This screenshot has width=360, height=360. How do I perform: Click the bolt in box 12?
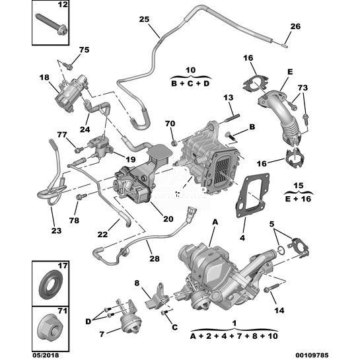pyautogui.click(x=51, y=24)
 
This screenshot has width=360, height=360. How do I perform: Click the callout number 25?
pyautogui.click(x=144, y=19)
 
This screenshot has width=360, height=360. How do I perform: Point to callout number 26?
pyautogui.click(x=295, y=26)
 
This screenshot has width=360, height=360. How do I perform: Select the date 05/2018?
pyautogui.click(x=46, y=355)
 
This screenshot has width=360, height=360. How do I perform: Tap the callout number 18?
pyautogui.click(x=44, y=77)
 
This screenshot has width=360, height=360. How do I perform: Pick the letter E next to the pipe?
pyautogui.click(x=290, y=72)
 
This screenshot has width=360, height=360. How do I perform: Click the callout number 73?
pyautogui.click(x=303, y=88)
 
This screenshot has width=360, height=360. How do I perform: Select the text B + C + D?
pyautogui.click(x=190, y=83)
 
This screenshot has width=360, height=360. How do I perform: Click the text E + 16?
pyautogui.click(x=299, y=199)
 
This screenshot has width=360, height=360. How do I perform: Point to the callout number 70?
pyautogui.click(x=170, y=124)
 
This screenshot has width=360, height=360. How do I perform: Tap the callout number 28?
pyautogui.click(x=155, y=258)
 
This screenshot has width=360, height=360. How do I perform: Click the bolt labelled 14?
pyautogui.click(x=271, y=287)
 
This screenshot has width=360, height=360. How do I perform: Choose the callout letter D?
pyautogui.click(x=88, y=322)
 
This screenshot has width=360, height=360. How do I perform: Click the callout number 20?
pyautogui.click(x=168, y=219)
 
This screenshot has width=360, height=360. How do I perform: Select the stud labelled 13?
pyautogui.click(x=231, y=118)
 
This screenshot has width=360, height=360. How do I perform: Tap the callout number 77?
pyautogui.click(x=62, y=135)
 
